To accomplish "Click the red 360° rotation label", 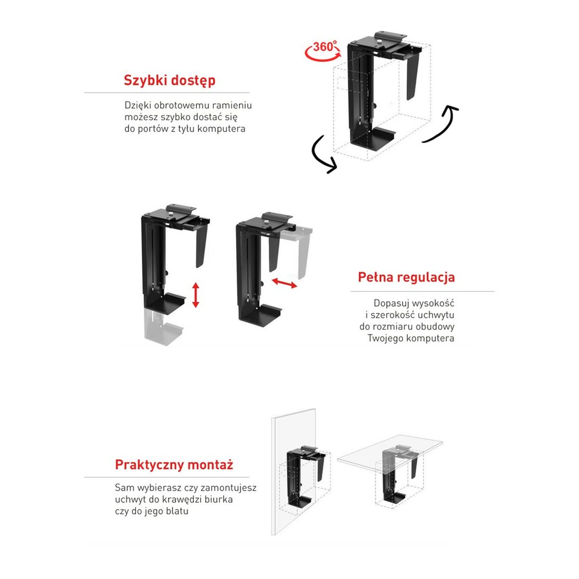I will coord(323,48).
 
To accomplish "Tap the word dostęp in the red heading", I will coord(192,81).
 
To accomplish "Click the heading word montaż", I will coord(210,465).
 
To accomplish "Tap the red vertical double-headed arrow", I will coord(195,295).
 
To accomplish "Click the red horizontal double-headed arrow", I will coord(284,283).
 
